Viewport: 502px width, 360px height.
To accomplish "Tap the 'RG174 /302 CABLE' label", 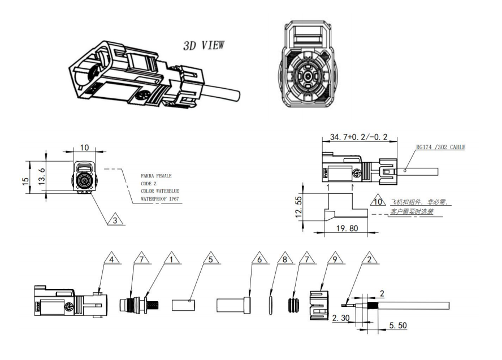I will tap(440, 148).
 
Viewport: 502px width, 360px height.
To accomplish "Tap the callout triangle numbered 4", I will tap(112, 260).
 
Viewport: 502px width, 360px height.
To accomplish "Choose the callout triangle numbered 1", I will tap(169, 260).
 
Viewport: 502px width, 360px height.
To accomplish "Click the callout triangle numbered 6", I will tap(259, 260).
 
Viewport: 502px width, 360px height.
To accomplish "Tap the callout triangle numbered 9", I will tap(334, 260).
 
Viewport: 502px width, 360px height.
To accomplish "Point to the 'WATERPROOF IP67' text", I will tap(161, 199).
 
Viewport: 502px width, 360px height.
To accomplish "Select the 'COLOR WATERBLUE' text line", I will tap(161, 192).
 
